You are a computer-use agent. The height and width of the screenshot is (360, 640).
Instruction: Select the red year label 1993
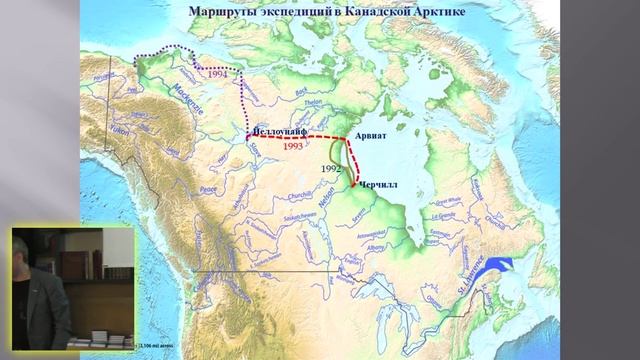point(293,146)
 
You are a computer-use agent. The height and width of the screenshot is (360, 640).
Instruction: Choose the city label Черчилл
point(379,186)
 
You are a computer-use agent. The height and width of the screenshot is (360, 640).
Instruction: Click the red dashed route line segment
point(300,137)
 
